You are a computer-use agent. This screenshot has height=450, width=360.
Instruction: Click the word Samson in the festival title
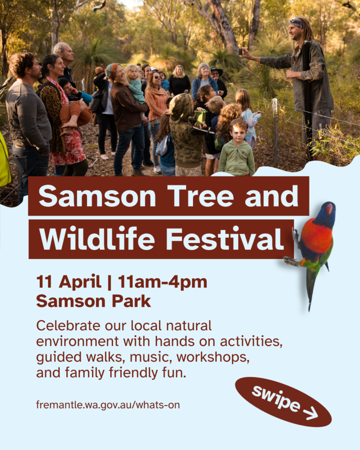(97, 196)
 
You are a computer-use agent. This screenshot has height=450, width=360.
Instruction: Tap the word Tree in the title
(201, 196)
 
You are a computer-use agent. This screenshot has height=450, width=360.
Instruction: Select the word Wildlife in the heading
(97, 238)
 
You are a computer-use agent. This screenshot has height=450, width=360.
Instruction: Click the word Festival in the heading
(225, 239)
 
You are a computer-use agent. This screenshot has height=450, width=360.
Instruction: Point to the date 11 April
(69, 282)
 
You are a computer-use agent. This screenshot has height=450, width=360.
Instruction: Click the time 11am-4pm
(163, 282)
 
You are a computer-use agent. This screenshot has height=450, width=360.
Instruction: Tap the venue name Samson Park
(94, 301)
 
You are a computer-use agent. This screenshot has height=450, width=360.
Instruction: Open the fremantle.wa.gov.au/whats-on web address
(108, 405)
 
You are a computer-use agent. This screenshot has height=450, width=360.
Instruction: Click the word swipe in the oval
(276, 399)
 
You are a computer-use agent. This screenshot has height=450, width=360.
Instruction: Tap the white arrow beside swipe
(310, 414)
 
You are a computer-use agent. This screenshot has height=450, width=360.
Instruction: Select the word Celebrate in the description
(68, 326)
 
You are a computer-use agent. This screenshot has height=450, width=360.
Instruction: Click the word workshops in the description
(213, 357)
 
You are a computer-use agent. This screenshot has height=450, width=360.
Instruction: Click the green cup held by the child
(201, 118)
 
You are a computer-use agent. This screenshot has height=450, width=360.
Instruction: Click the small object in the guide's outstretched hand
(240, 52)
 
